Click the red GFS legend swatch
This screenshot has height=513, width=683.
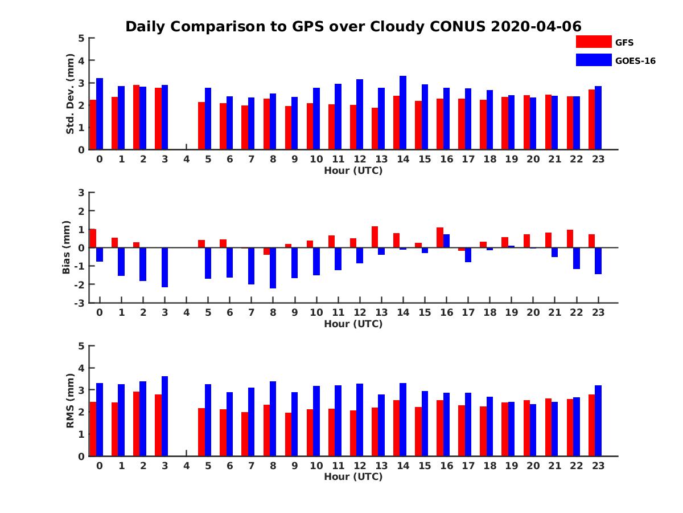point(593,42)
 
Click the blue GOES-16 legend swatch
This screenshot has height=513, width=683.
point(593,60)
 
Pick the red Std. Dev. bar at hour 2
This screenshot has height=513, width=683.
point(136,117)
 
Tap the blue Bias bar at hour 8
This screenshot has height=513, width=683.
point(273,268)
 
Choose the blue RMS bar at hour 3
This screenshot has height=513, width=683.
point(164,416)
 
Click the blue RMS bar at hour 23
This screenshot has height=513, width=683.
point(598,421)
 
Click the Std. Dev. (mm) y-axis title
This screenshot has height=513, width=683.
point(71,94)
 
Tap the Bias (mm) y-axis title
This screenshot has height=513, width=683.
point(67,247)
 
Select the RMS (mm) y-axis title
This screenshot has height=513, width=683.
point(71,401)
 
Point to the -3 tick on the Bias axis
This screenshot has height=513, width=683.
point(80,303)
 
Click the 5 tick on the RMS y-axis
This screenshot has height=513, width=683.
point(82,346)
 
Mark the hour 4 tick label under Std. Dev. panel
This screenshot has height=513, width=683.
point(186,159)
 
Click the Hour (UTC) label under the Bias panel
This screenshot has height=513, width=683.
point(353,324)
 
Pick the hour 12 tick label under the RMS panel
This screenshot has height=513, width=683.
point(360,466)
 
